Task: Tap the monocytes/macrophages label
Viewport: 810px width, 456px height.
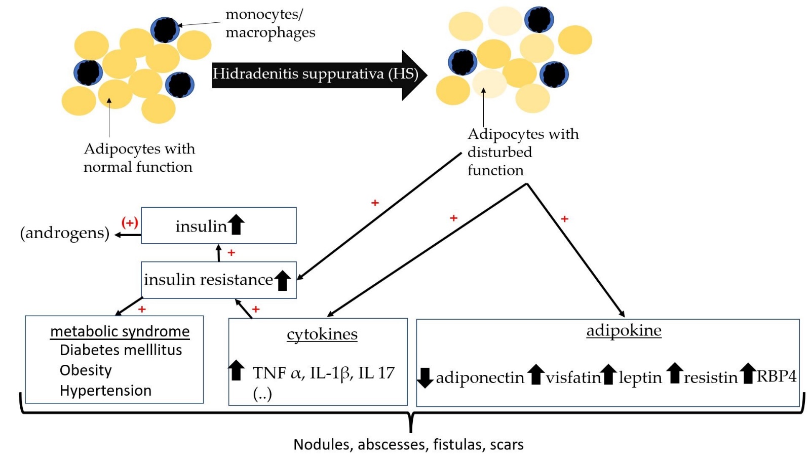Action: pyautogui.click(x=270, y=23)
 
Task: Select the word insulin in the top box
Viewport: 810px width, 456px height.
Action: pyautogui.click(x=201, y=226)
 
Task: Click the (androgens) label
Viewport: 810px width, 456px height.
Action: pyautogui.click(x=65, y=233)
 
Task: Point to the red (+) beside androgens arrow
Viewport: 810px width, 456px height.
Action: pyautogui.click(x=130, y=222)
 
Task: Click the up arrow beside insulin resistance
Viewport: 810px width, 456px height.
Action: pyautogui.click(x=283, y=280)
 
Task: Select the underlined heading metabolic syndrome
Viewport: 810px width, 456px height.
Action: pyautogui.click(x=120, y=331)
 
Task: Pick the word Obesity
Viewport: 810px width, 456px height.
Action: pyautogui.click(x=86, y=370)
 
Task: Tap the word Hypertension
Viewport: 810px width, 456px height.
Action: pyautogui.click(x=105, y=391)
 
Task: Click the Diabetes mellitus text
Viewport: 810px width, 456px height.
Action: pyautogui.click(x=121, y=350)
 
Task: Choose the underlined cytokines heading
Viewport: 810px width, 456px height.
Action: pyautogui.click(x=322, y=334)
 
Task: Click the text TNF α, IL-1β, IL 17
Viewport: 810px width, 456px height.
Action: pyautogui.click(x=323, y=373)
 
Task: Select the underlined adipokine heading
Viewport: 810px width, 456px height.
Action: pyautogui.click(x=624, y=330)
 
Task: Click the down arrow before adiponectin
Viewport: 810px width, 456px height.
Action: pyautogui.click(x=425, y=377)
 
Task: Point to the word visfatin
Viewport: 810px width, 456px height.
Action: pyautogui.click(x=573, y=377)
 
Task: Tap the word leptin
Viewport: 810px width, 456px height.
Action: pyautogui.click(x=640, y=377)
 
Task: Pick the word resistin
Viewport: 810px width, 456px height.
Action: pyautogui.click(x=711, y=377)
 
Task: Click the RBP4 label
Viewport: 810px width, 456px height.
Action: pyautogui.click(x=776, y=376)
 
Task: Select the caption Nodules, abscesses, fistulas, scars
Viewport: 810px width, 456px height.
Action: pyautogui.click(x=408, y=444)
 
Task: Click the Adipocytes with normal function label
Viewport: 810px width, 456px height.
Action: pyautogui.click(x=139, y=158)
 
